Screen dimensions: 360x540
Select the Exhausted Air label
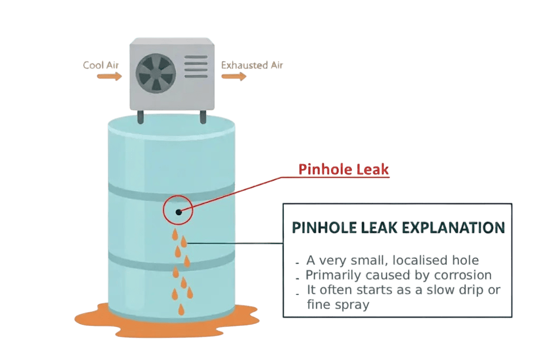[x=252, y=65]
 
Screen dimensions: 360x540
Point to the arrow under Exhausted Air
[x=234, y=77]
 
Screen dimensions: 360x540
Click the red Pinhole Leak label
[x=344, y=170]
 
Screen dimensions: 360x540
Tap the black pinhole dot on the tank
[x=179, y=212]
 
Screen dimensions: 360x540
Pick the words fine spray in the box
[x=337, y=304]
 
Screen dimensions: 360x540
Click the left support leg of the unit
[x=141, y=117]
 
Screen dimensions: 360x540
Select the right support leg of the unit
[x=202, y=117]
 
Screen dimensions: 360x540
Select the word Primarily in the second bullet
[x=332, y=275]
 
